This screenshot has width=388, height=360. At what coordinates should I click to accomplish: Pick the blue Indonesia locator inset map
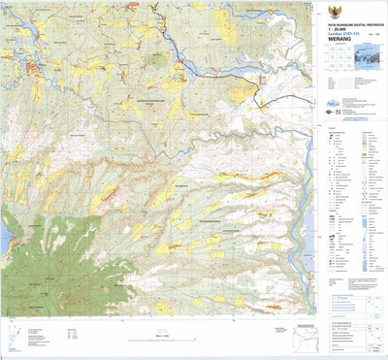370,58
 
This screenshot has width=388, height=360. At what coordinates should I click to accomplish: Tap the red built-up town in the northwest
34,68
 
